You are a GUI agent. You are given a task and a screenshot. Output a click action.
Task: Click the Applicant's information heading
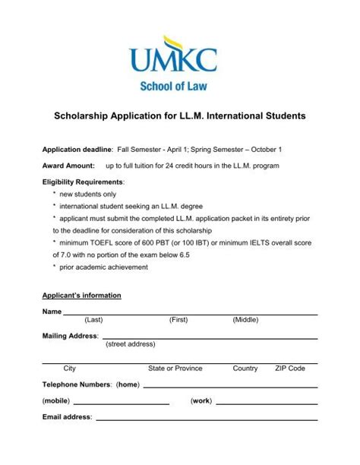tap(81, 296)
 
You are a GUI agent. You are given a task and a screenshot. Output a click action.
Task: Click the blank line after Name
tap(190, 313)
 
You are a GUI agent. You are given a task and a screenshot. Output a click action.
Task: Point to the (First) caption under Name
tap(178, 321)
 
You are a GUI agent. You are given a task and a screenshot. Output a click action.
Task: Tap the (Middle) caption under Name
tap(245, 321)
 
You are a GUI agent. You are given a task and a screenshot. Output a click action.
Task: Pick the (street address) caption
tap(130, 343)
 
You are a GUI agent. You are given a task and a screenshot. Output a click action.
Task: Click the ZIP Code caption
tap(289, 369)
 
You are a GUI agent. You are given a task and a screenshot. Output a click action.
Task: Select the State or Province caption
tap(175, 369)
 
